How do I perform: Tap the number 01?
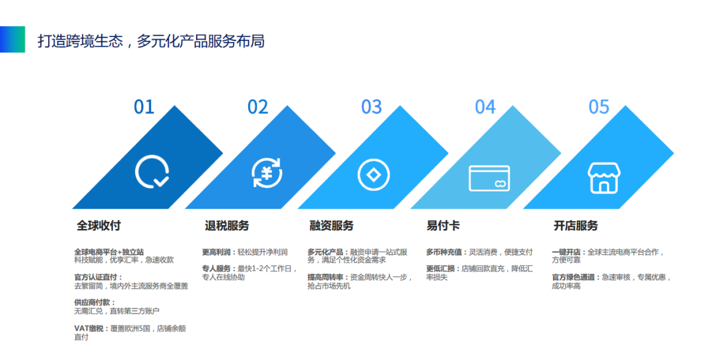[144, 107]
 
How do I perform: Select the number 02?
[258, 107]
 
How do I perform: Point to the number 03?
[371, 107]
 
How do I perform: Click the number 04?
[485, 107]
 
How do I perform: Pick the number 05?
[598, 107]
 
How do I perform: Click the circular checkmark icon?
[153, 173]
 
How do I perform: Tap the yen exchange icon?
[267, 173]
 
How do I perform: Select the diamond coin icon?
[373, 174]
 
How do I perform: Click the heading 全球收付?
[99, 226]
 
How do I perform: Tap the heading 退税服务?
[227, 226]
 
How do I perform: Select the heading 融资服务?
[331, 226]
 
